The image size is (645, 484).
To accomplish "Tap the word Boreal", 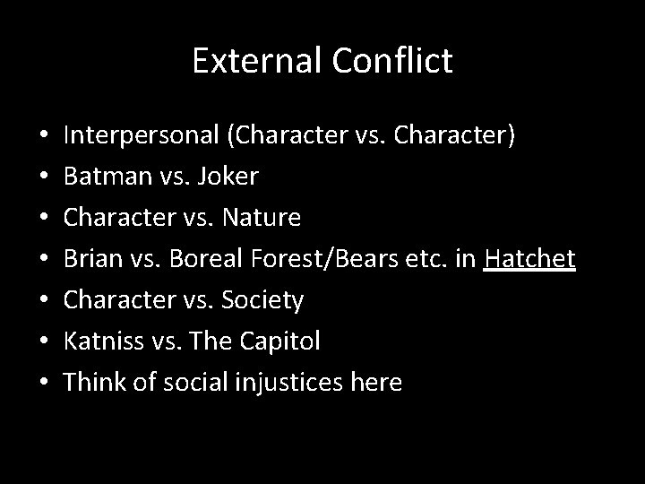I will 195,259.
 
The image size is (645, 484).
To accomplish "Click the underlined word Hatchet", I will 529,259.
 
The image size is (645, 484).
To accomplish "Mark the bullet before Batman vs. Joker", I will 44,177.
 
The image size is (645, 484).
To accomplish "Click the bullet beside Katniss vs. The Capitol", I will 44,341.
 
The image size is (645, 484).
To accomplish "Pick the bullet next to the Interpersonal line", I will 44,136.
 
